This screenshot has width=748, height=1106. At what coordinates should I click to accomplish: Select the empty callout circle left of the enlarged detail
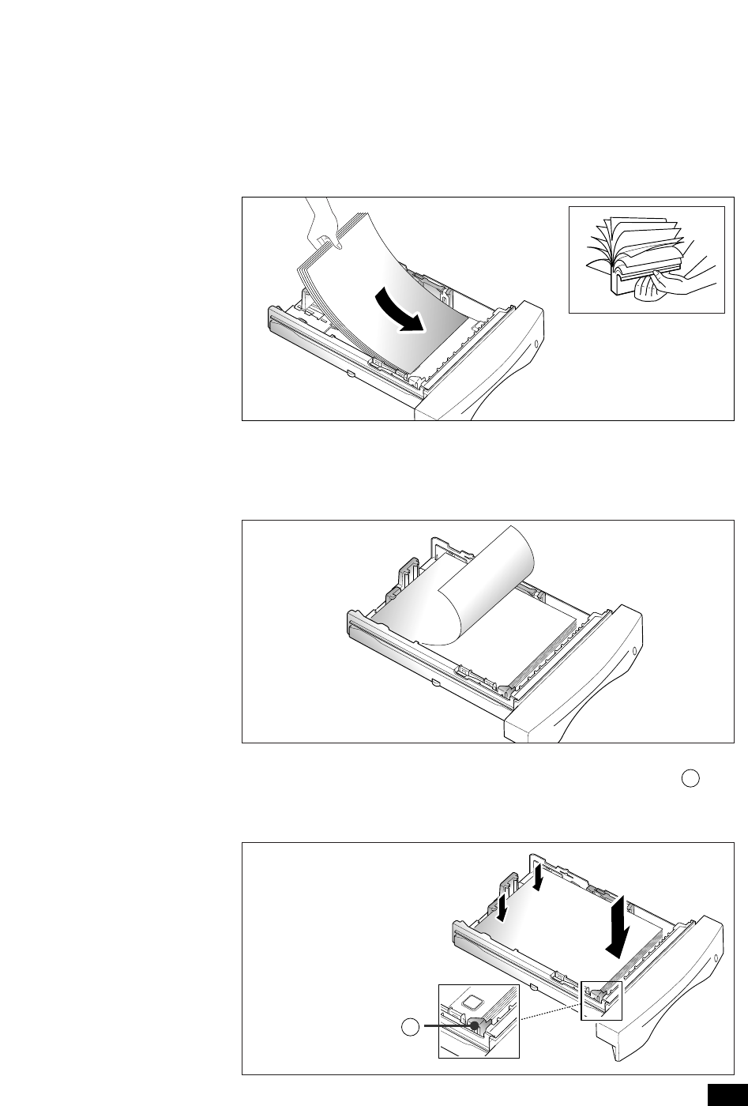409,1026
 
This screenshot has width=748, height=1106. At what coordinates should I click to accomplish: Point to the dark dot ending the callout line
475,1025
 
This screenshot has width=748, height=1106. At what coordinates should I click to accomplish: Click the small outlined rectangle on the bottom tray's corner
601,1000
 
